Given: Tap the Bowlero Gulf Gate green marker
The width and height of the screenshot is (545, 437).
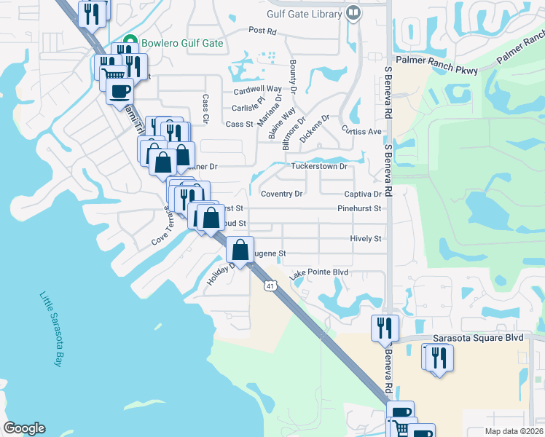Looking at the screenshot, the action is coord(131,42).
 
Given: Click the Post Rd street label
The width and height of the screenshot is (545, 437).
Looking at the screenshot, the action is coord(262,31).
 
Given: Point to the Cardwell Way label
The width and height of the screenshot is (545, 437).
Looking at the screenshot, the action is coord(257,90).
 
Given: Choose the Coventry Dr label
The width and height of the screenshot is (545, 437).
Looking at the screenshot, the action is coord(281,194).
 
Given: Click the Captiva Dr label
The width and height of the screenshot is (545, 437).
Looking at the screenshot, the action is coord(363,194).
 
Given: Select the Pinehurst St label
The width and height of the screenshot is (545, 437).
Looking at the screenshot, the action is coord(359,208).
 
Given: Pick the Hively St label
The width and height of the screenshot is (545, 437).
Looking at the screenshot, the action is coord(366,238).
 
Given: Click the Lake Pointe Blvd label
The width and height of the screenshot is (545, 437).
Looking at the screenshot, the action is coord(318,273).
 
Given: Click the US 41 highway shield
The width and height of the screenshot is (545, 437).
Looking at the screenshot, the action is coord(270,286).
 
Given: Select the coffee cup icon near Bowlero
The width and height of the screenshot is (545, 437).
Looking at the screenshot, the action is coord(119,92).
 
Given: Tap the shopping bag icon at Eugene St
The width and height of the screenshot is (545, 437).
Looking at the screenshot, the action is coord(240,251).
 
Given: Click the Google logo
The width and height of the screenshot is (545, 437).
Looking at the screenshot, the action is coord(24,429).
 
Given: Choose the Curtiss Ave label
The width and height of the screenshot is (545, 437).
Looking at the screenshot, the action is coord(361,131).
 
